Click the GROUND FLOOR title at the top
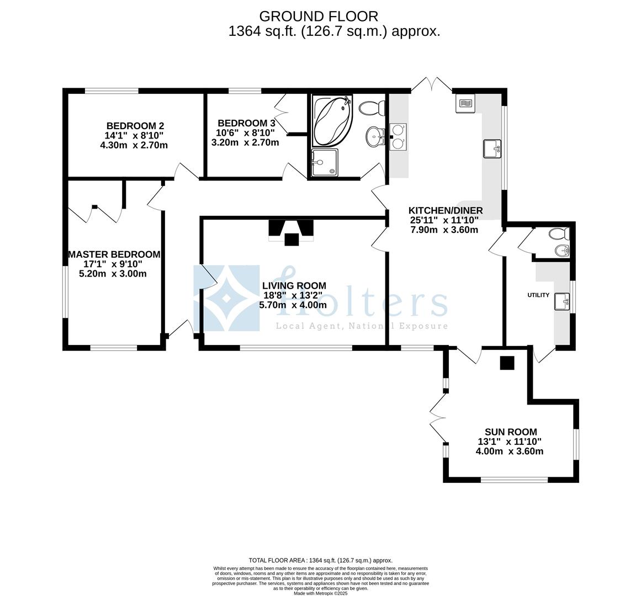(x=319, y=17)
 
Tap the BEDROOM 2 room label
(x=135, y=126)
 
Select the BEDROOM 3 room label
(x=246, y=123)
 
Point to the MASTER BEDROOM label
(x=114, y=254)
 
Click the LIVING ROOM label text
(x=294, y=286)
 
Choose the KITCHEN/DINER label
(x=446, y=211)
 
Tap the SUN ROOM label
(x=511, y=432)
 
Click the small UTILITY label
(x=538, y=295)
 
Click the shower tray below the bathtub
(x=325, y=162)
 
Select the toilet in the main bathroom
(x=372, y=108)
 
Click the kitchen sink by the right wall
(x=492, y=148)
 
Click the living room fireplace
(x=291, y=232)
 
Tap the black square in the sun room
(x=507, y=363)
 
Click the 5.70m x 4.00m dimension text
(x=293, y=305)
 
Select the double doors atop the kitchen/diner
(x=432, y=84)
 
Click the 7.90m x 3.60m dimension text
(x=444, y=230)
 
